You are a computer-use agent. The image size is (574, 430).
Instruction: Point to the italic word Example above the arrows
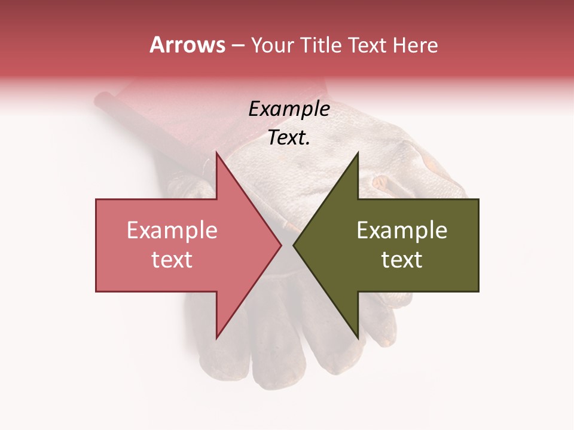[x=289, y=109]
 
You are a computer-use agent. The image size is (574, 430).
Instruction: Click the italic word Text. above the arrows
[x=289, y=137]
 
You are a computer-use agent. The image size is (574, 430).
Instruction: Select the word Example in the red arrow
[x=172, y=231]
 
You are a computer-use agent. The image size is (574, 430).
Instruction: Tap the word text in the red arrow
[x=172, y=260]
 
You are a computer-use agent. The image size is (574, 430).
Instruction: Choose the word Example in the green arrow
[x=402, y=231]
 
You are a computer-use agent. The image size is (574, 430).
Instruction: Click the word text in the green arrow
[x=402, y=260]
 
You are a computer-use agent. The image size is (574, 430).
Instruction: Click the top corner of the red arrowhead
[x=217, y=153]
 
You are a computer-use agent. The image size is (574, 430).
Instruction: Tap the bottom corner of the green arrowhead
[x=358, y=337]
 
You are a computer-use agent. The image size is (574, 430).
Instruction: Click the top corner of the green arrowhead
[x=358, y=153]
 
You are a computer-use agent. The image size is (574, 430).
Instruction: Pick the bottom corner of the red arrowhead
[x=217, y=337]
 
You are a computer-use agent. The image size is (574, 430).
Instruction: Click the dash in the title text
[x=237, y=46]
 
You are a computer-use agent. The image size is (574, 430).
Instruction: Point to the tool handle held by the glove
[x=120, y=116]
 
